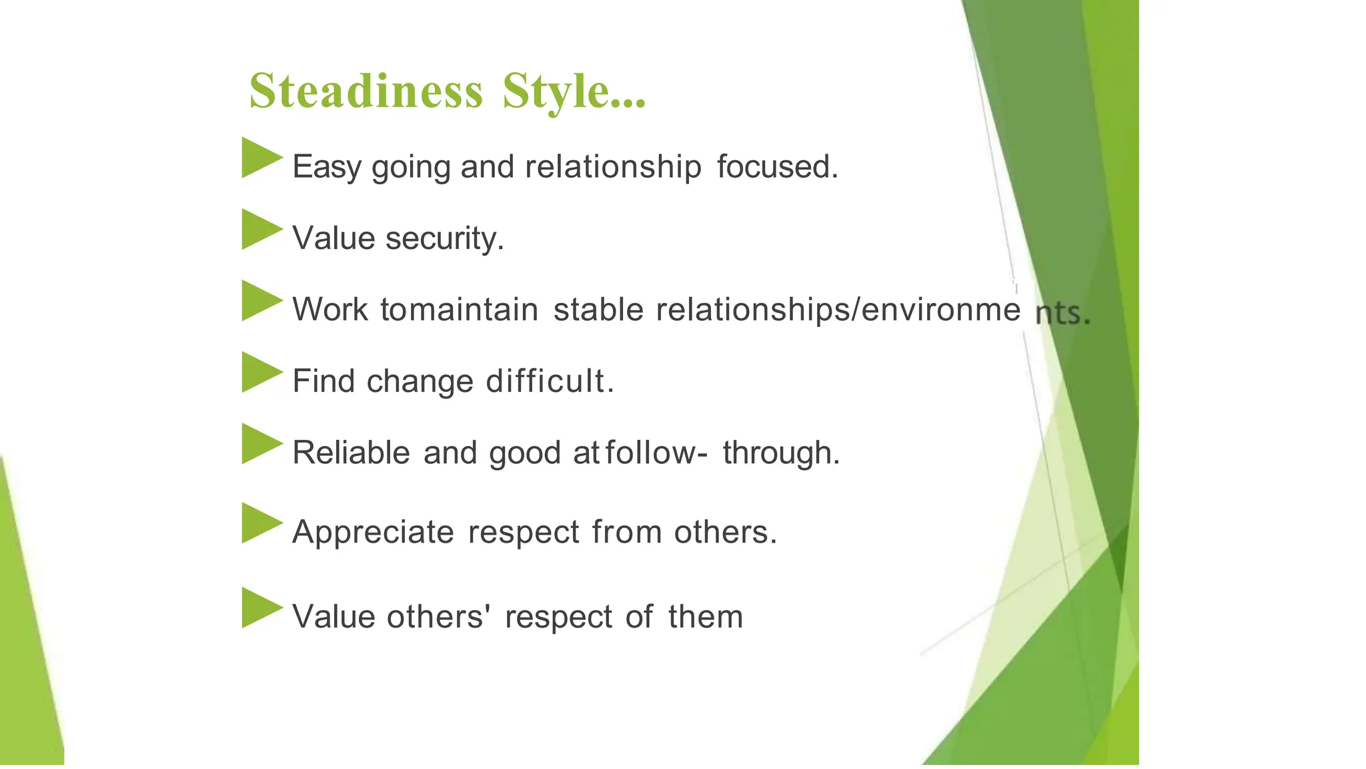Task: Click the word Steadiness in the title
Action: [x=366, y=91]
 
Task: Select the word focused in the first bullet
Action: [x=776, y=166]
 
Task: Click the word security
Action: [x=444, y=238]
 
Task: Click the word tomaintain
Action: [x=459, y=310]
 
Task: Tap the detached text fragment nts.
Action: [x=1062, y=312]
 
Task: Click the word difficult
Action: [x=549, y=381]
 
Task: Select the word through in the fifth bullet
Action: [x=780, y=453]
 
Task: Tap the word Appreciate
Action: [x=373, y=533]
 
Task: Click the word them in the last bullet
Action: [x=705, y=616]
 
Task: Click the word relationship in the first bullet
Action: [x=612, y=167]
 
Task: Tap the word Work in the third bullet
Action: [x=329, y=310]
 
